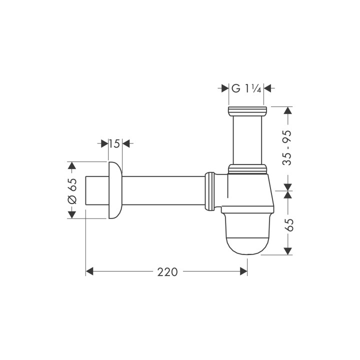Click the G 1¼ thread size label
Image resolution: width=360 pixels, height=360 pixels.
246,88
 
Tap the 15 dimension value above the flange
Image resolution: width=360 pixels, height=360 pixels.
114,144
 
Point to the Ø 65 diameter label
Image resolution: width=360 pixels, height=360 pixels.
72,190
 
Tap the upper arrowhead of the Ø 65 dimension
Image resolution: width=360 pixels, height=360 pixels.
72,165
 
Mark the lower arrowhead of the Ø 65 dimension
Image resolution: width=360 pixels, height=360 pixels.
72,214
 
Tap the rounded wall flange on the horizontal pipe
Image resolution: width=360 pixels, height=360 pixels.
114,190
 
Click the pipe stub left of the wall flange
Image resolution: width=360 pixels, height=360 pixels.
97,190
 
